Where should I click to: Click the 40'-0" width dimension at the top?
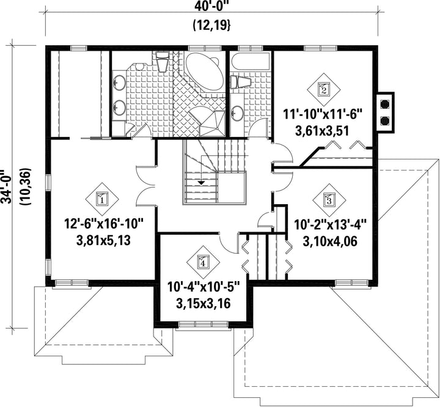click(211, 5)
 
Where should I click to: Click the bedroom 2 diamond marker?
click(323, 90)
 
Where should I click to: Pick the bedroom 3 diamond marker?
click(329, 200)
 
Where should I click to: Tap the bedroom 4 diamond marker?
click(203, 262)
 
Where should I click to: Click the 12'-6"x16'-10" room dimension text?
click(104, 224)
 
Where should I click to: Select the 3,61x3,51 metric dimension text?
click(323, 131)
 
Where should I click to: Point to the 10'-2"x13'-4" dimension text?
click(331, 225)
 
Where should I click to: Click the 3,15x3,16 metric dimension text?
click(203, 303)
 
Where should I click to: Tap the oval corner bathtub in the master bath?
click(204, 72)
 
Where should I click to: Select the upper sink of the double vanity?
click(119, 82)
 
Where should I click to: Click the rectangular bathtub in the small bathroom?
click(250, 62)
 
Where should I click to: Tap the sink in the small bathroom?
click(237, 113)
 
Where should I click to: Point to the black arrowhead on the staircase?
click(201, 183)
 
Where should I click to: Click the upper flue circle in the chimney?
click(385, 104)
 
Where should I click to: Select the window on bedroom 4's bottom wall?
click(204, 325)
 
